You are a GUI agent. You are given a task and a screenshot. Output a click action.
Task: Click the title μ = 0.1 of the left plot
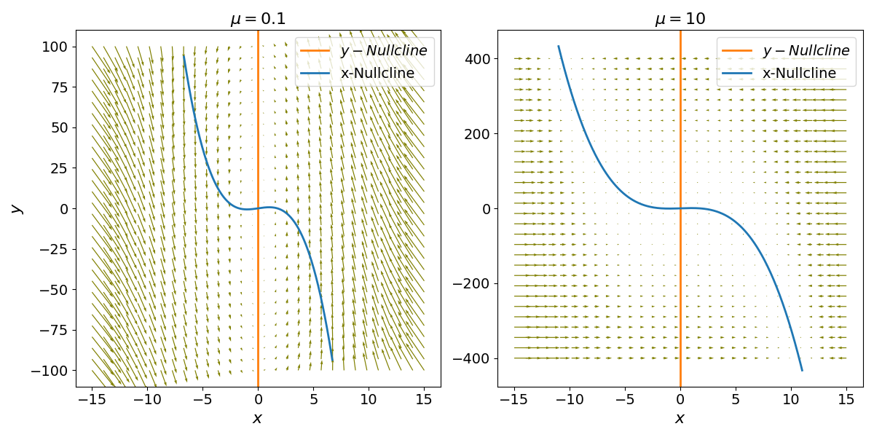[x=258, y=19]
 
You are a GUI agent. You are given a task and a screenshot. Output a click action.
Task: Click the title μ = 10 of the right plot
[x=680, y=19]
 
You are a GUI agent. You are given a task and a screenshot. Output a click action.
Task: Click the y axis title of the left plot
[x=16, y=208]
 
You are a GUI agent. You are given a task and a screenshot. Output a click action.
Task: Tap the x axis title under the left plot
[x=258, y=419]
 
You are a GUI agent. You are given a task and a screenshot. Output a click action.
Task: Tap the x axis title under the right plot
[x=680, y=419]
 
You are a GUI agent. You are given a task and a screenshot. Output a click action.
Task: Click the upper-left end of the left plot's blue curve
[x=184, y=55]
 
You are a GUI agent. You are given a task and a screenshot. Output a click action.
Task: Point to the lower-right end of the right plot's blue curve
[x=802, y=371]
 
